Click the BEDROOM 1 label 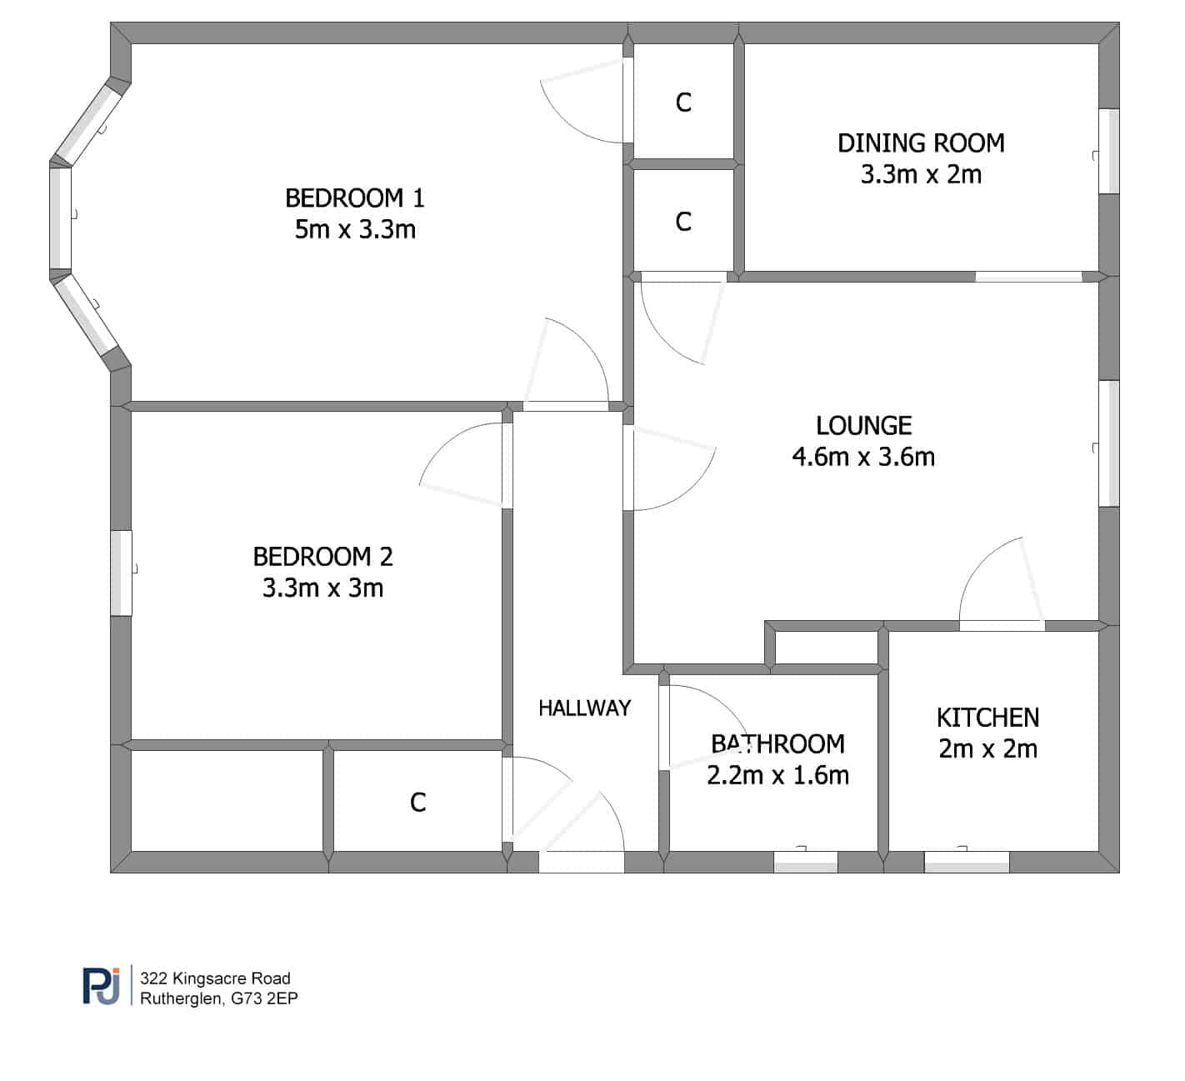(x=354, y=198)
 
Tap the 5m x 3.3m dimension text (x=355, y=229)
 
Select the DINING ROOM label (x=921, y=143)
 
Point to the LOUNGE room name (x=863, y=426)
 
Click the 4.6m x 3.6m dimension (x=863, y=457)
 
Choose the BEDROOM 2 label (x=322, y=557)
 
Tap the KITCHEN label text (x=987, y=718)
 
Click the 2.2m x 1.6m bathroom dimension (x=778, y=775)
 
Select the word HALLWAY (x=584, y=708)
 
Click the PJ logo (x=101, y=986)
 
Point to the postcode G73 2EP (x=264, y=998)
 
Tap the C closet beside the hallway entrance (x=417, y=803)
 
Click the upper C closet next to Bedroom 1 (x=683, y=103)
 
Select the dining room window (x=1109, y=152)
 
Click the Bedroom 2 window (x=121, y=573)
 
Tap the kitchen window (x=967, y=863)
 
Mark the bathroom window (x=806, y=863)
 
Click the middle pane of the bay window (x=60, y=218)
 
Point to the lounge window (x=1109, y=444)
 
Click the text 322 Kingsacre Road (x=215, y=978)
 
